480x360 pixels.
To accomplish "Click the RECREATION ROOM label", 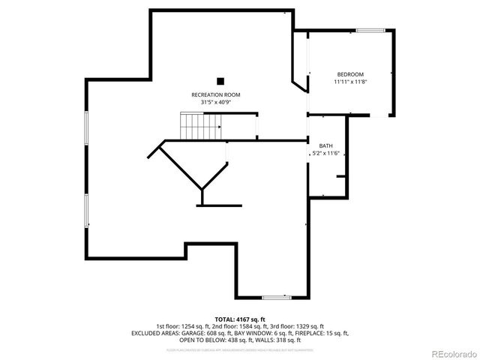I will pos(215,94).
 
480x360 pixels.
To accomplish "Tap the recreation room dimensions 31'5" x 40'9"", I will pos(215,102).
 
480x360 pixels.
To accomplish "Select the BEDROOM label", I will pos(350,74).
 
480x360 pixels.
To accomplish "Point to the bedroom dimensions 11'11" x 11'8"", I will pos(350,81).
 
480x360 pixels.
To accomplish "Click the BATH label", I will pos(325,145).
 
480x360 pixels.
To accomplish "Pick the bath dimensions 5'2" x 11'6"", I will pos(325,153).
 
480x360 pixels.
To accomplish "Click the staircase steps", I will pos(199,125).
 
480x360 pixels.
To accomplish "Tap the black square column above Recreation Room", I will pos(220,80).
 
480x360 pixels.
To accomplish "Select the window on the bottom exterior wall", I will pos(277,298).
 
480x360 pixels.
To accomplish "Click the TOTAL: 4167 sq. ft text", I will pos(240,319).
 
